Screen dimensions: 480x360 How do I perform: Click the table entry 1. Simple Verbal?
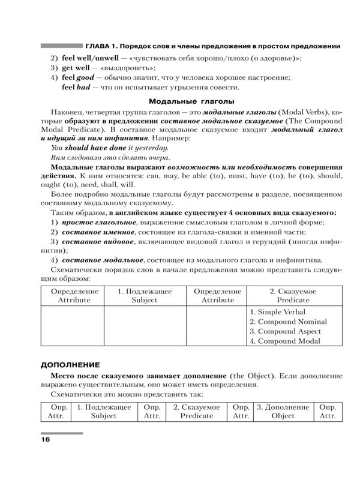[x=277, y=312]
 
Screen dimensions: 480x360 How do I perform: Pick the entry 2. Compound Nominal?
[x=288, y=322]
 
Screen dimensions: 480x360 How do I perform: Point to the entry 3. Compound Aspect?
[x=285, y=331]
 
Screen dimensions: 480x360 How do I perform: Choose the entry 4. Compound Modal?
[x=284, y=341]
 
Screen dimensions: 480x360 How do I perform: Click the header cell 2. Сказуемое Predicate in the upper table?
[x=293, y=295]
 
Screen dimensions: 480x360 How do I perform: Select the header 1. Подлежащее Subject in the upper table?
[x=145, y=295]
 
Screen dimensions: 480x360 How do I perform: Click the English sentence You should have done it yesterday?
[x=110, y=147]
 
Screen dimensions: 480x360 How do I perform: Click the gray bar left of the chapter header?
[x=61, y=46]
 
